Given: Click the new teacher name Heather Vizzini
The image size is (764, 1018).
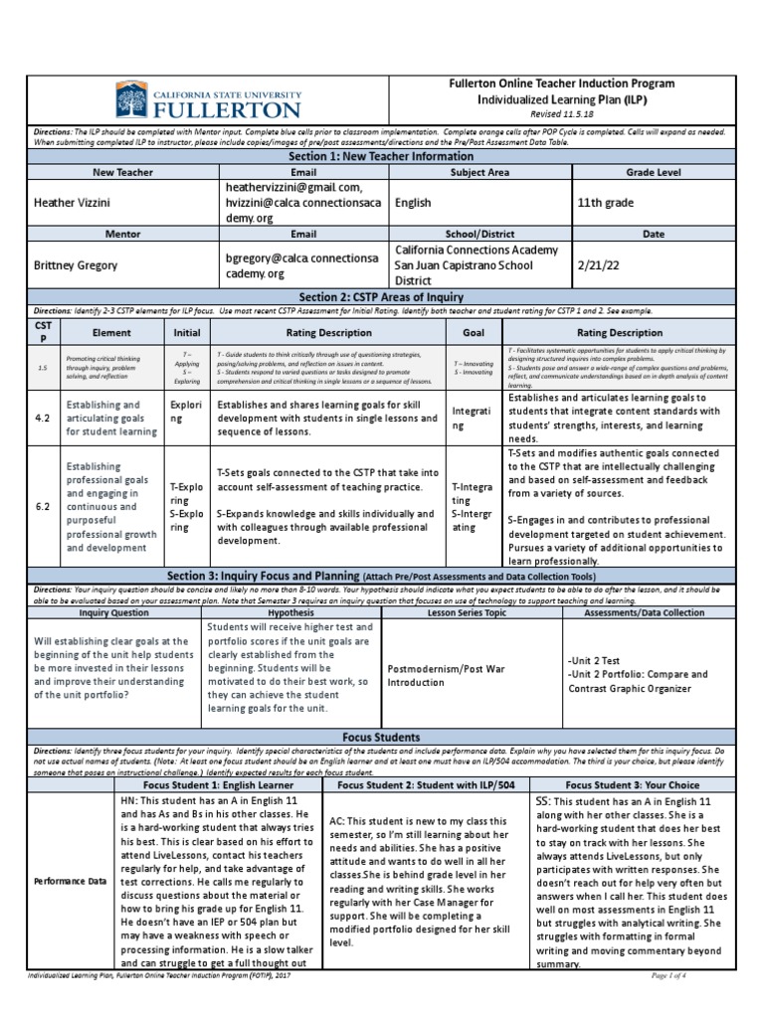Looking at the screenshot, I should coord(75,203).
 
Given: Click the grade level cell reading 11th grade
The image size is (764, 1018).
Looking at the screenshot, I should coord(608,203).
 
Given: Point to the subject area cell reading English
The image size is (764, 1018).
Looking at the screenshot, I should coord(413,203).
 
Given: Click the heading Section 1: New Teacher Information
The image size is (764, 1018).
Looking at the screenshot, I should coord(382,157).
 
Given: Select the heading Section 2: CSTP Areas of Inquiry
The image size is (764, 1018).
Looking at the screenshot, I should coord(382,297).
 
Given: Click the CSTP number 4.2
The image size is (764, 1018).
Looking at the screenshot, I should coord(42,420).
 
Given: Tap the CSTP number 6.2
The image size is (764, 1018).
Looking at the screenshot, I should coord(42,506).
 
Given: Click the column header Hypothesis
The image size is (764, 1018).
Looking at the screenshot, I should coord(289,613).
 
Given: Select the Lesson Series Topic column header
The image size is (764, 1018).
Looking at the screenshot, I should coord(472,613).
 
